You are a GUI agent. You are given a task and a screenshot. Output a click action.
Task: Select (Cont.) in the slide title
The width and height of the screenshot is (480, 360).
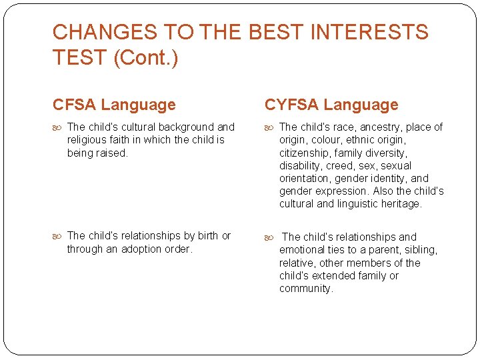145,57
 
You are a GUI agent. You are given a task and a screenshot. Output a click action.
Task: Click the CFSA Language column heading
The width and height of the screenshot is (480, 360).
114,105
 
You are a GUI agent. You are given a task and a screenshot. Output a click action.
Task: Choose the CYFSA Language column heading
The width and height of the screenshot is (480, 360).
331,105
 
